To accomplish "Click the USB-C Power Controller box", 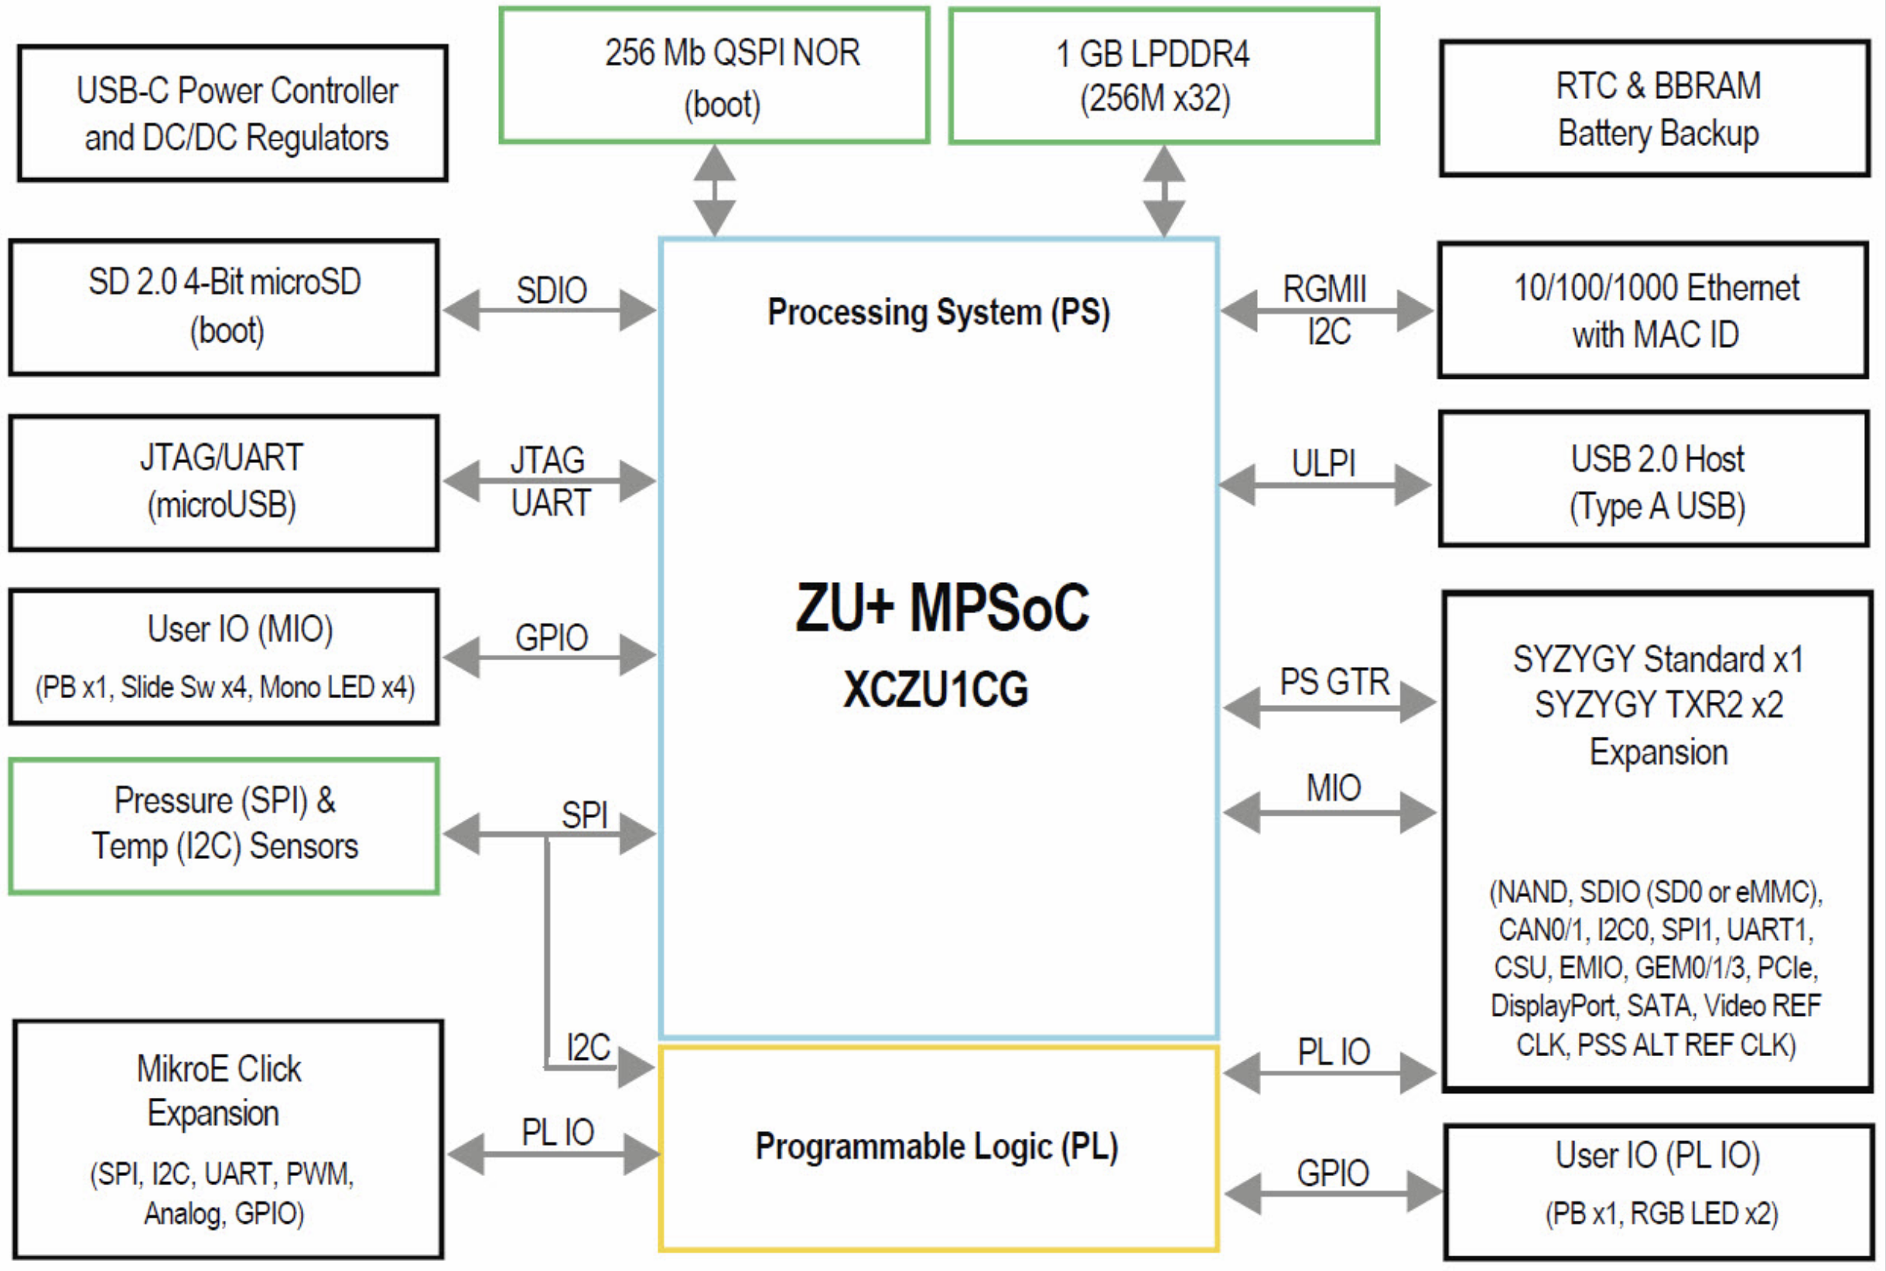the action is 233,113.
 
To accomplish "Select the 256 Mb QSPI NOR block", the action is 714,76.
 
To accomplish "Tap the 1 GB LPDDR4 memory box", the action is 1164,77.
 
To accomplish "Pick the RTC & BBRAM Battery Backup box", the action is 1655,107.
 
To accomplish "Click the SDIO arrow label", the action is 552,290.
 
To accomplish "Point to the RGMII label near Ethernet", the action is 1325,289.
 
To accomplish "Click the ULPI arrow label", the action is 1324,464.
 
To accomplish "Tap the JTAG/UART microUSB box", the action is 224,483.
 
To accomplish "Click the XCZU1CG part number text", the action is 936,690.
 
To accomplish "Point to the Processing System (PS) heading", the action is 939,313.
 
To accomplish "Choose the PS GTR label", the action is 1334,682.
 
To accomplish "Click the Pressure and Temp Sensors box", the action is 224,826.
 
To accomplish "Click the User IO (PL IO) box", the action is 1660,1191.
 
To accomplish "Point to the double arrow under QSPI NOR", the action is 714,190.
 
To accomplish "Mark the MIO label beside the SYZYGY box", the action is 1334,788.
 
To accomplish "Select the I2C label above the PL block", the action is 589,1048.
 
